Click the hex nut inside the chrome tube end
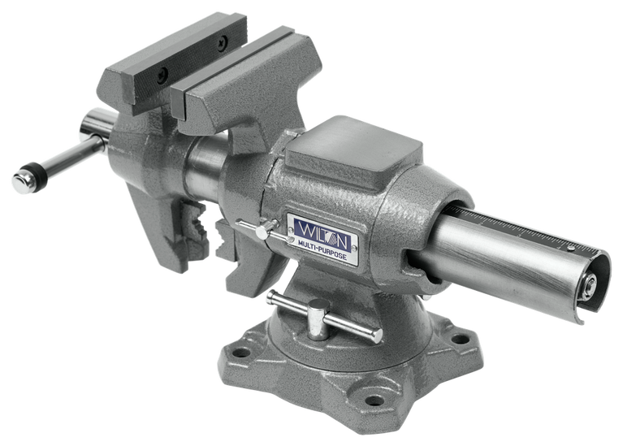590,284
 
